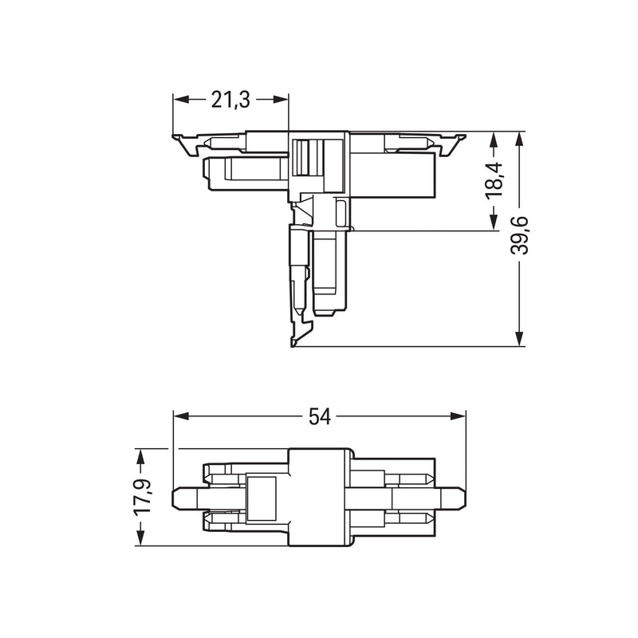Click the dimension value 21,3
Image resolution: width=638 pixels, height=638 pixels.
tap(230, 100)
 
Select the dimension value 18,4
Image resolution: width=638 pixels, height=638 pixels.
tap(494, 181)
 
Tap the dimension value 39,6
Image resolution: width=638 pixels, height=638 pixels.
tap(519, 235)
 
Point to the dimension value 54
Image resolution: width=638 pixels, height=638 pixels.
tap(320, 416)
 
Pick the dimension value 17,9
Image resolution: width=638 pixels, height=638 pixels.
tap(143, 497)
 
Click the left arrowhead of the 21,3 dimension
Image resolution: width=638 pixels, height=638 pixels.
tap(181, 100)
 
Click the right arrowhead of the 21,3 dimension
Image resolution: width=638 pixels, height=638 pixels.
tap(281, 100)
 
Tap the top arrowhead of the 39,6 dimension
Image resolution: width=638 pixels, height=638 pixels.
tap(519, 140)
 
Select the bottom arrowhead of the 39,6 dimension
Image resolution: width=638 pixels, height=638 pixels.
tap(519, 338)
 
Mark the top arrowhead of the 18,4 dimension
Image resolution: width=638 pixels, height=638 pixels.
tap(494, 140)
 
